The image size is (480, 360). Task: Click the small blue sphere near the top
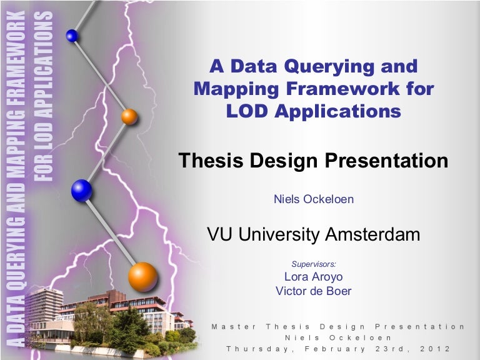pyautogui.click(x=72, y=36)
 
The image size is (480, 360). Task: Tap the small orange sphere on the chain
pyautogui.click(x=129, y=116)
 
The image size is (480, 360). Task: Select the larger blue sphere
pyautogui.click(x=81, y=190)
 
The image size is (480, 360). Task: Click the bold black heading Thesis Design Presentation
pyautogui.click(x=313, y=161)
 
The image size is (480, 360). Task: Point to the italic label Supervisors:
pyautogui.click(x=313, y=264)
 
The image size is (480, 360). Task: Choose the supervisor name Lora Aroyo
pyautogui.click(x=313, y=277)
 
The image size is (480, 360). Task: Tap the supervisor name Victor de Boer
pyautogui.click(x=313, y=291)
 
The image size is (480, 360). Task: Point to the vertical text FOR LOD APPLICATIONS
pyautogui.click(x=44, y=94)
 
